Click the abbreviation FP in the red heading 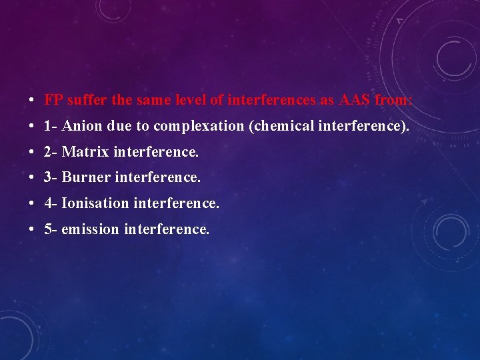(x=53, y=101)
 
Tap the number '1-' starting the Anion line (x=50, y=127)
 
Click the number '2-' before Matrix (x=50, y=153)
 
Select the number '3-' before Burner (x=50, y=178)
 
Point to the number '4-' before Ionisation (x=50, y=203)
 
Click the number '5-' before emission (x=50, y=229)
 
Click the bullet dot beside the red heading (x=32, y=101)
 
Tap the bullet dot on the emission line (x=32, y=230)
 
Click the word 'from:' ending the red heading (x=394, y=101)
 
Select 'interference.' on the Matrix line (x=156, y=153)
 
